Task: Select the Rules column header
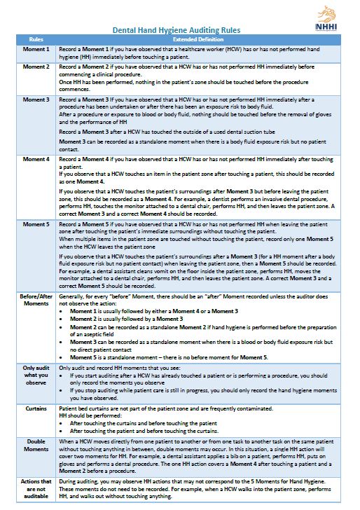coord(36,41)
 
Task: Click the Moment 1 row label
coord(36,50)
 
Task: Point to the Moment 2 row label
coord(36,66)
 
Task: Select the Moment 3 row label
coord(36,100)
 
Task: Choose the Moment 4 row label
coord(36,160)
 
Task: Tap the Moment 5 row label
coord(36,224)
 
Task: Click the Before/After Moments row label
coord(36,301)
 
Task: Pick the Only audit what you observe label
coord(36,375)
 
